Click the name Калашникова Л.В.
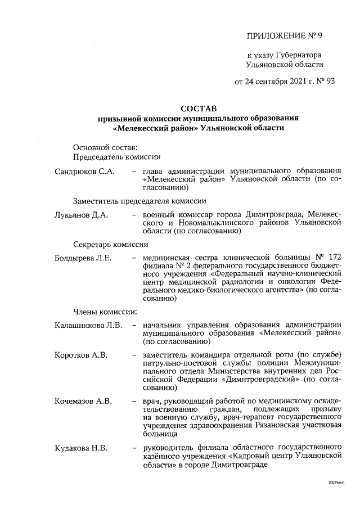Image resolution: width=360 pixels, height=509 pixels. pos(88,325)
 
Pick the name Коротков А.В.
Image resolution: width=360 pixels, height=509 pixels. pos(81,355)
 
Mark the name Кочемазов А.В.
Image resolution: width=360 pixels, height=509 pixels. pos(83,401)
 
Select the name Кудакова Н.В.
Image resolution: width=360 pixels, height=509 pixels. pos(81,448)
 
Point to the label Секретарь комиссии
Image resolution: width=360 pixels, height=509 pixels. pos(111,245)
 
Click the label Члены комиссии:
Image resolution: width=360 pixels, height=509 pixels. pos(105,311)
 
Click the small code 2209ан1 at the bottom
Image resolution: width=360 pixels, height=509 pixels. pos(335,483)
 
